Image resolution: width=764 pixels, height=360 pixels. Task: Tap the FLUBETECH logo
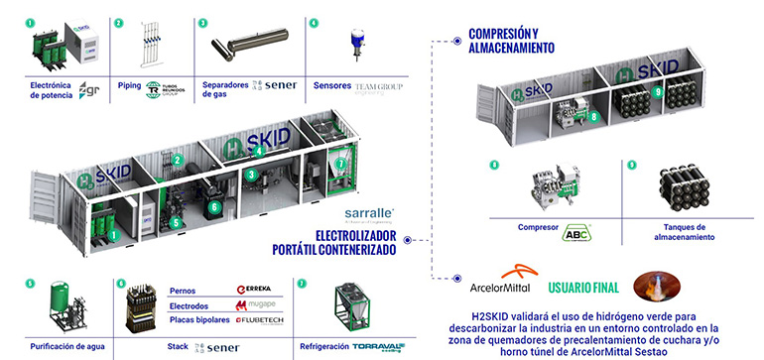pos(260,320)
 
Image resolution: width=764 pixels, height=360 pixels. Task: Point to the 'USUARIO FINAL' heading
pos(583,288)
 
